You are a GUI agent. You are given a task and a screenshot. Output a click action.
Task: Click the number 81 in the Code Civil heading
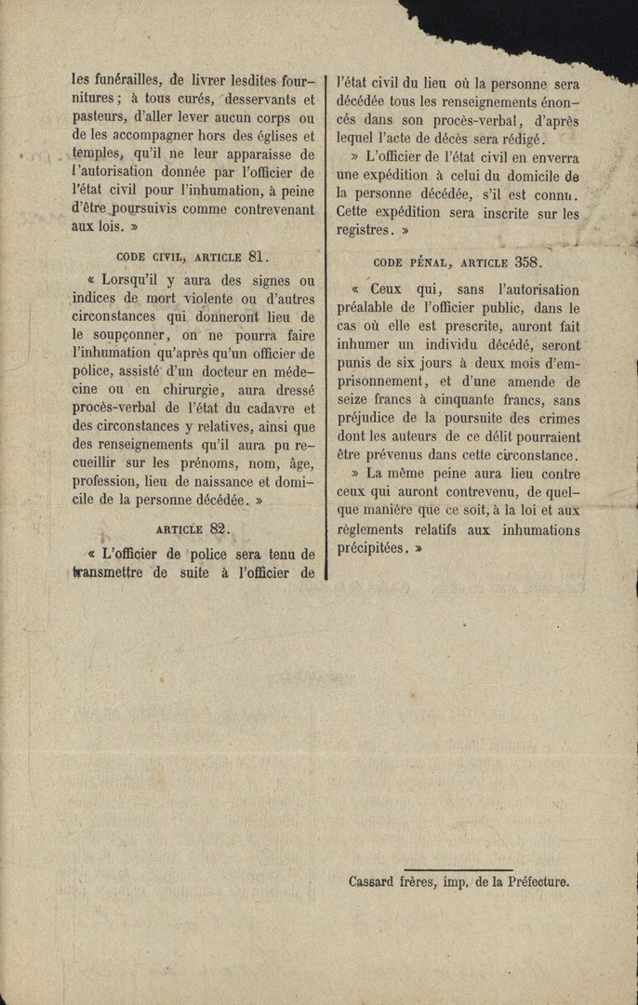(259, 257)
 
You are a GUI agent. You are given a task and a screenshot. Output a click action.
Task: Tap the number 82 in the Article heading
(219, 529)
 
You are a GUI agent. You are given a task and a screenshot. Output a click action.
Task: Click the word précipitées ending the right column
(371, 548)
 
